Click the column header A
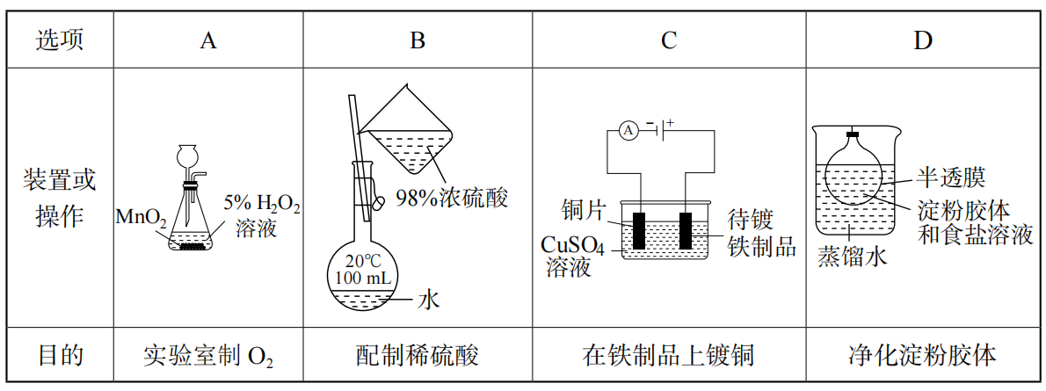point(207,40)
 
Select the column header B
point(418,40)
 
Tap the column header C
point(669,40)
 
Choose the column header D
point(922,40)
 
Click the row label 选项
point(60,40)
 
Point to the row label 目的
point(60,356)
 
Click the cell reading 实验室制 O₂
point(208,356)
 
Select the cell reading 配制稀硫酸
point(418,356)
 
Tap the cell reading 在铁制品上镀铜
point(669,356)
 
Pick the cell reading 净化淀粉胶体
point(922,356)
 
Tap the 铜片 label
point(584,211)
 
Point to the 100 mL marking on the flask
point(362,279)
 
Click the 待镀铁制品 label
point(761,233)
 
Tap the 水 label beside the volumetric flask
point(428,300)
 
